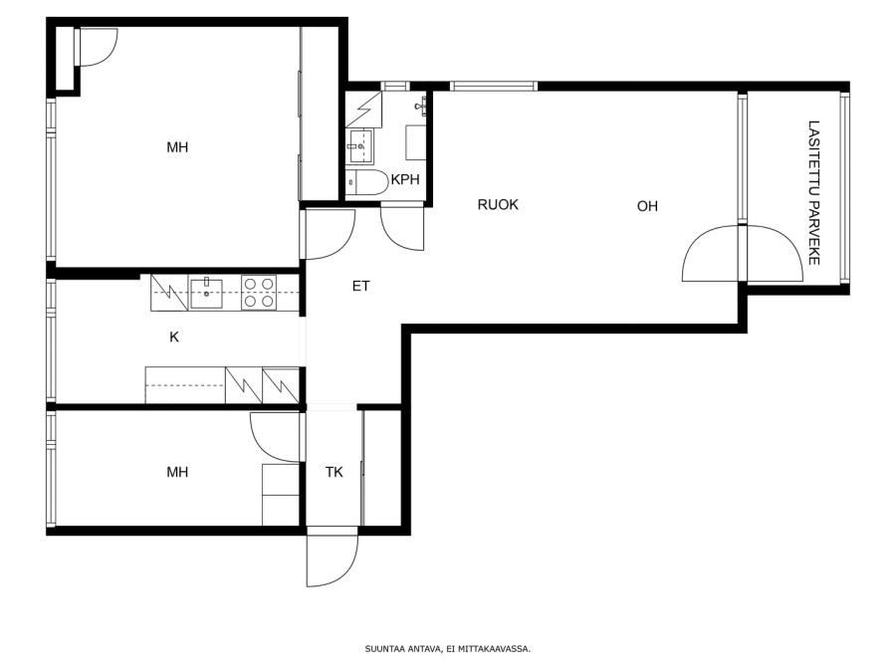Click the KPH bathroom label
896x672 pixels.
(405, 179)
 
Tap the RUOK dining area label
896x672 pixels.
(498, 204)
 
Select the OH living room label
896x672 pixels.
(647, 206)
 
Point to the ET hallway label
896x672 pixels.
(360, 286)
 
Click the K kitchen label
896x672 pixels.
(174, 337)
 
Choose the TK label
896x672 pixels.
(335, 472)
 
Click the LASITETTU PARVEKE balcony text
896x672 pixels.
(814, 192)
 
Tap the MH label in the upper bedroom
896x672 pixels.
(177, 147)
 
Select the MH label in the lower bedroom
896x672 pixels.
(177, 472)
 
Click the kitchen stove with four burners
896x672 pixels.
(259, 293)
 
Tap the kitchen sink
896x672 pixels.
(206, 293)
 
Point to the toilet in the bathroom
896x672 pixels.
(366, 182)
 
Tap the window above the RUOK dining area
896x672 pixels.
(494, 87)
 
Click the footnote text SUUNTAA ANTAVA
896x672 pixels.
(403, 648)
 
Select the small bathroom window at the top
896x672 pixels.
(395, 87)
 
